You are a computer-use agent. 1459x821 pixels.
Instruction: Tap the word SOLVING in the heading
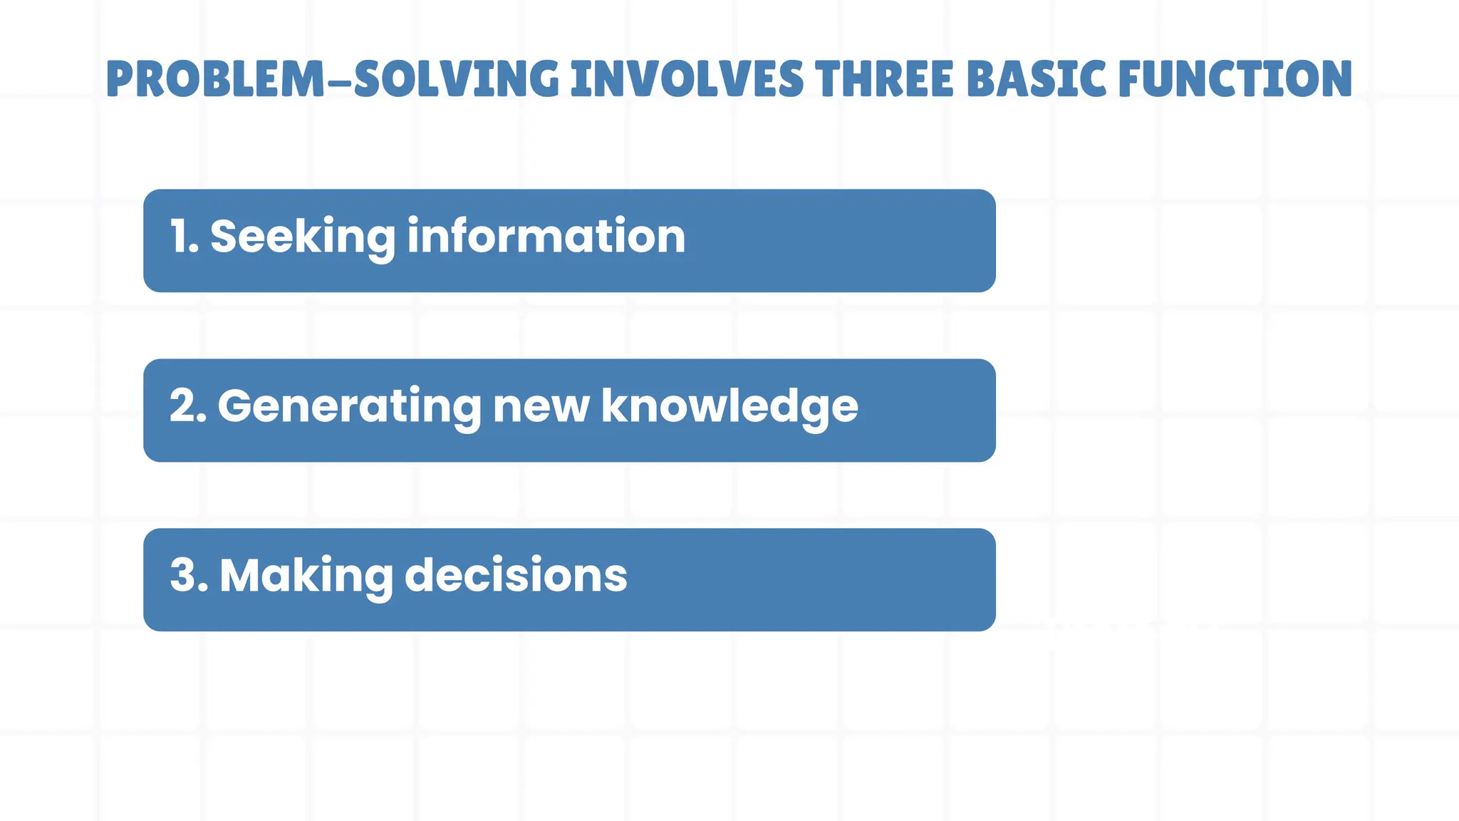[457, 79]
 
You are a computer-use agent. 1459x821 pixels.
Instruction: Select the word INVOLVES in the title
[687, 79]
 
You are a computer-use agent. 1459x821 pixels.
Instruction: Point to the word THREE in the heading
[884, 79]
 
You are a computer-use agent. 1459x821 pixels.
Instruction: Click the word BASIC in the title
[1037, 79]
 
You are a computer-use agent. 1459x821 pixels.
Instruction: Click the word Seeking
[302, 237]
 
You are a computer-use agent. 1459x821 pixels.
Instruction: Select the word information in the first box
[546, 236]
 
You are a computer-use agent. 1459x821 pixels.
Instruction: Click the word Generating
[349, 407]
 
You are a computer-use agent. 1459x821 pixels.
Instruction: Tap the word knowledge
[729, 407]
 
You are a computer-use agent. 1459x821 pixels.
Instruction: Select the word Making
[306, 577]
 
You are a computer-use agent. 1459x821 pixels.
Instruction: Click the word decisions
[516, 575]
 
